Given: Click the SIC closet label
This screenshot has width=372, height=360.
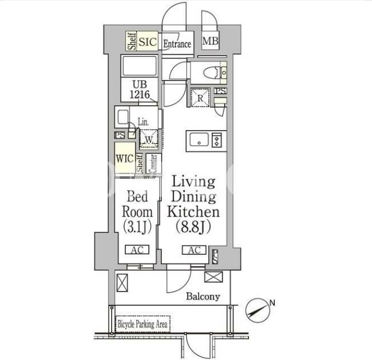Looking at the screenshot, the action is pos(148,42).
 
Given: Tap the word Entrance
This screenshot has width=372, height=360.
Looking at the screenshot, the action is pos(177,44).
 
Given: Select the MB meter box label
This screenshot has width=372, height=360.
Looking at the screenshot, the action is pos(210,41).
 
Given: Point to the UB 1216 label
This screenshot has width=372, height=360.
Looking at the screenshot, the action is pos(140,90).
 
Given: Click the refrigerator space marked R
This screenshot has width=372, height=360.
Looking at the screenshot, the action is pos(200,98).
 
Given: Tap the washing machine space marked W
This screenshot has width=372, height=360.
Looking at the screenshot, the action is pos(149,140).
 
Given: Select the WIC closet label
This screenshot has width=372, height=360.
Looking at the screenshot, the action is pos(125,158).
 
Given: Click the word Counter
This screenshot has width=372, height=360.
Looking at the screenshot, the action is pos(153,163).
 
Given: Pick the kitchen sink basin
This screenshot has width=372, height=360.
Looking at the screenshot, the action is pos(199,140).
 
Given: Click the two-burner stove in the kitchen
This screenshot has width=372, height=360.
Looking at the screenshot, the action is pos(216,140).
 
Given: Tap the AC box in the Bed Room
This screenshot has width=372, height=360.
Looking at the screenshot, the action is pos(137,249).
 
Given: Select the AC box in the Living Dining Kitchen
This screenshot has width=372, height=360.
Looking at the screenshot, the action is pos(194,249).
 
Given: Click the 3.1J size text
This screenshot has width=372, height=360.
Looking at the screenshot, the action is pos(137,227).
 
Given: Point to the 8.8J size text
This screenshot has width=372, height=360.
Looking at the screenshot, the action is pos(193,227).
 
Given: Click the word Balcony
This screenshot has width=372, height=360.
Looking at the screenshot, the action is pos(203,296).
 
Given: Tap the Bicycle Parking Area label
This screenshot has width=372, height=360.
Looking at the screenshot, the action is pos(143,324).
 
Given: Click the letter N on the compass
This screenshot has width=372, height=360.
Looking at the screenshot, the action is pos(272,303).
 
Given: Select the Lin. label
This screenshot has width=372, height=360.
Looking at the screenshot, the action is pos(143,122).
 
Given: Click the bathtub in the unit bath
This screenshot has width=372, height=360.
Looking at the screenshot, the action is pos(139,66).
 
